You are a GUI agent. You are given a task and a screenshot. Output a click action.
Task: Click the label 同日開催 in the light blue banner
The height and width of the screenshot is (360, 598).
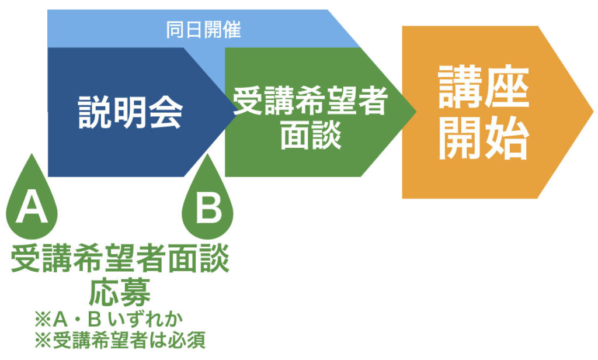[x=203, y=30]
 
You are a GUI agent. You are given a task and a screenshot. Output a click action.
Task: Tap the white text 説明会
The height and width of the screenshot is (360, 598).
[x=130, y=112]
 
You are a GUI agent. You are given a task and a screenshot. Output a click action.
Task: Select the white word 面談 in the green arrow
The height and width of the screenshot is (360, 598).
[x=311, y=136]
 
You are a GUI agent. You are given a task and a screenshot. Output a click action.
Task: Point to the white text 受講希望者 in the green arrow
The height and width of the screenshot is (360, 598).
[x=310, y=101]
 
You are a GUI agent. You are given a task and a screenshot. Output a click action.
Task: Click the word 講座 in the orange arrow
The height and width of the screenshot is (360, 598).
[x=484, y=86]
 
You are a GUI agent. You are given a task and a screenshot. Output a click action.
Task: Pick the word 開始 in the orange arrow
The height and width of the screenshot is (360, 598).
[x=484, y=138]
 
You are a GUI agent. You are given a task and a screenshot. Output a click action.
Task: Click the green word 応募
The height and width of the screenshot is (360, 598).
[x=120, y=292]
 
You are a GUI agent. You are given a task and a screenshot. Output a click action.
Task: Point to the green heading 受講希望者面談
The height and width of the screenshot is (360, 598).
[x=120, y=258]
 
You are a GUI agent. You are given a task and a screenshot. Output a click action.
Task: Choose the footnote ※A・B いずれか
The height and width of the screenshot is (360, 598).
[x=109, y=319]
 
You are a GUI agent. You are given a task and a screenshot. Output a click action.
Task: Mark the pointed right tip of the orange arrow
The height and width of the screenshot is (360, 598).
[x=593, y=112]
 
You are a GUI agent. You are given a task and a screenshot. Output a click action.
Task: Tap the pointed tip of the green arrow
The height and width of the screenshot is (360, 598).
[x=416, y=112]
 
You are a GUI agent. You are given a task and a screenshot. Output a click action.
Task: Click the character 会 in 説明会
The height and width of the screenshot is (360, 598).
[x=166, y=112]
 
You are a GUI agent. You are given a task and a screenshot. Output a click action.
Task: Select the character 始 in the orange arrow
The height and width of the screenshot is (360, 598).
[x=507, y=138]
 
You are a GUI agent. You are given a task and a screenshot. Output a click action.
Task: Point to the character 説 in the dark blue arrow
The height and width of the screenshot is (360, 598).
[x=95, y=112]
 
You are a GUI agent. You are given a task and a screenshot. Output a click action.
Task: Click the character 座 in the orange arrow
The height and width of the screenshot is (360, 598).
[x=507, y=86]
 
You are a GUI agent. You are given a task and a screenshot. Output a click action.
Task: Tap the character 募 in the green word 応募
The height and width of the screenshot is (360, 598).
[x=135, y=292]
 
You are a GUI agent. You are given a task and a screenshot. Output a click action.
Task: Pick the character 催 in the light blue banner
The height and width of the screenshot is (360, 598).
[x=232, y=30]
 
